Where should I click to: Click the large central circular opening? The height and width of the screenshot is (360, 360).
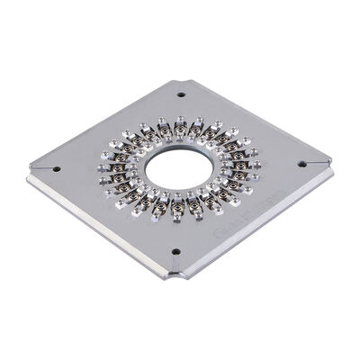[x=179, y=168]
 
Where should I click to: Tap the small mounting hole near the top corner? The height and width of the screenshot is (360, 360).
[x=181, y=94]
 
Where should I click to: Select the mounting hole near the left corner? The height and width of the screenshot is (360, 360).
[x=56, y=168]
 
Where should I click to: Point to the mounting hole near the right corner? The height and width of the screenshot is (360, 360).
[x=301, y=165]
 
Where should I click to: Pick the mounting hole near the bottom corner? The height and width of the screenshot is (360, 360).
[x=175, y=252]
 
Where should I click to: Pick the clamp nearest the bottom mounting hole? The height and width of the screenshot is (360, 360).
[x=177, y=209]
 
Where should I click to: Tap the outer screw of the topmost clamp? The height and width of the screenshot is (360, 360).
[x=181, y=119]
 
